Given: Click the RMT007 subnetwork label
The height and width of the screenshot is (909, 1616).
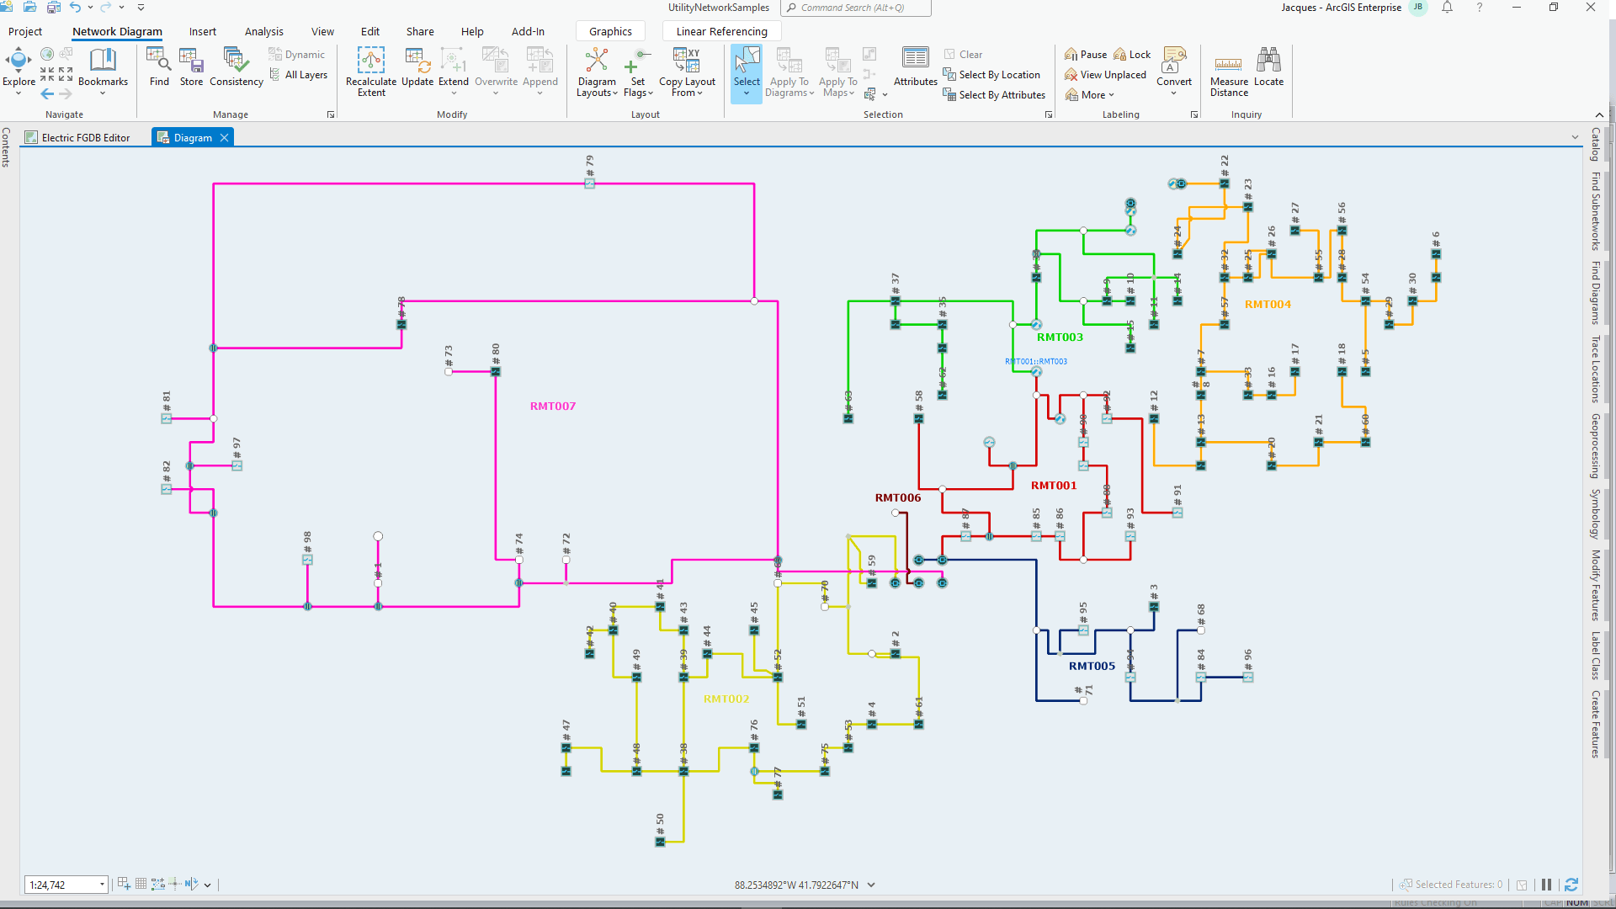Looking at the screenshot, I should [552, 406].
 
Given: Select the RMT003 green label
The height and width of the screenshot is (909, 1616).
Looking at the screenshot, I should [1059, 337].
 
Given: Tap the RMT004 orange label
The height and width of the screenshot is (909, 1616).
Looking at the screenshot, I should [1267, 304].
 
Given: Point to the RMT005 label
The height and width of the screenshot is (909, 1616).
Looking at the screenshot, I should [1091, 666].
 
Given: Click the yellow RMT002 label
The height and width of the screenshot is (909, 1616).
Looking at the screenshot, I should [726, 699].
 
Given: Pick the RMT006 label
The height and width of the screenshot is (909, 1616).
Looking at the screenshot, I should [897, 497].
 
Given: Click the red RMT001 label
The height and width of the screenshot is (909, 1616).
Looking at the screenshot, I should [1053, 485].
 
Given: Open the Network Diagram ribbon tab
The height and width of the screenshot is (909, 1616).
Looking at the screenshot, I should [117, 32].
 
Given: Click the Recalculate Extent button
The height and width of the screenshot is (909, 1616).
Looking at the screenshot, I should [370, 71].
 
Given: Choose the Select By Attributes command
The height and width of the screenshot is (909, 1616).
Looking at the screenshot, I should [994, 95].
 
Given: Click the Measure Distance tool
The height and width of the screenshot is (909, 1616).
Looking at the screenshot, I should [1229, 71].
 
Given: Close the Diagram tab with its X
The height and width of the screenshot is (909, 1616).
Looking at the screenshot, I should [224, 138].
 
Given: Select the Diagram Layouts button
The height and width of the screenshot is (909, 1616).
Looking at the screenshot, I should [596, 71].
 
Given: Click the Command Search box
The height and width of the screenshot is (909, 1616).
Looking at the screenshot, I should [855, 8].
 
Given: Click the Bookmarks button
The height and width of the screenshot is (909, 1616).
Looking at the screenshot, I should [103, 67].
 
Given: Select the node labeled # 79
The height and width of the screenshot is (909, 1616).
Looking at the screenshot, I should [589, 183].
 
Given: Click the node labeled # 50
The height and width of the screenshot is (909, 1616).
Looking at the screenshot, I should [660, 841].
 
